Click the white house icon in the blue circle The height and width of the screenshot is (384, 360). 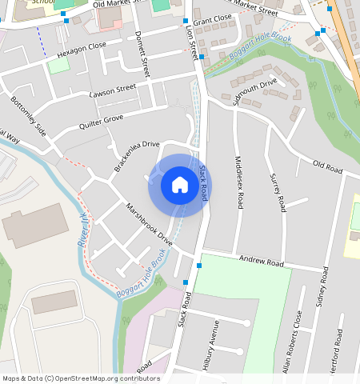tap(180, 186)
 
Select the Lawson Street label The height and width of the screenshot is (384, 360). tap(114, 90)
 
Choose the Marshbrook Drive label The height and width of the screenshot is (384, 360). tap(149, 224)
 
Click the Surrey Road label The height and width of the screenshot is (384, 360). tap(278, 192)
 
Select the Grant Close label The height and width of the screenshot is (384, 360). tap(212, 18)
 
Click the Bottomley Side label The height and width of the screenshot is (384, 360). tap(29, 116)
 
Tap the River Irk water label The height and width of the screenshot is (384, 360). tap(82, 230)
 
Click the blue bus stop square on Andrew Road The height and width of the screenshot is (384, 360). tap(198, 265)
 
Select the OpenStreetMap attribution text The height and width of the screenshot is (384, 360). tap(80, 378)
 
